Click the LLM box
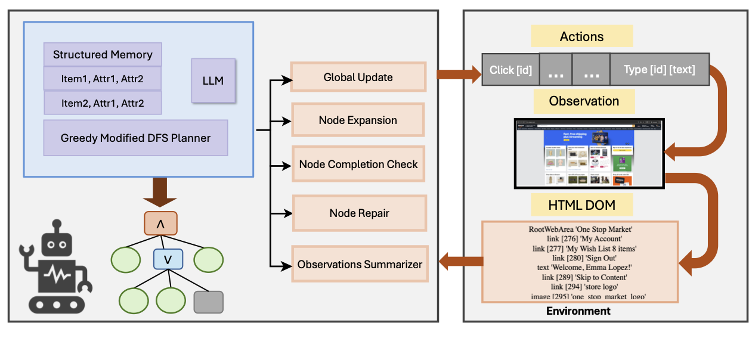click(x=213, y=80)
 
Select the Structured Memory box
click(x=103, y=55)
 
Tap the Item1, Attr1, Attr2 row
click(x=103, y=78)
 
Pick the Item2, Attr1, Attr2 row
click(x=103, y=103)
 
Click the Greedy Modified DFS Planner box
click(x=135, y=138)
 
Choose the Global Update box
click(x=358, y=77)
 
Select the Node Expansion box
click(x=358, y=120)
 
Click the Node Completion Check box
click(x=358, y=165)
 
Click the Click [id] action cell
click(x=510, y=70)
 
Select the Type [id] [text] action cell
click(x=659, y=70)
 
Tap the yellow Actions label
click(x=581, y=37)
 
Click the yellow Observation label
click(x=584, y=101)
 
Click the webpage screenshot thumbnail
click(x=589, y=154)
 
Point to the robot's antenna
click(x=57, y=226)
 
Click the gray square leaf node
click(x=209, y=302)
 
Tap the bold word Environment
click(x=578, y=311)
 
